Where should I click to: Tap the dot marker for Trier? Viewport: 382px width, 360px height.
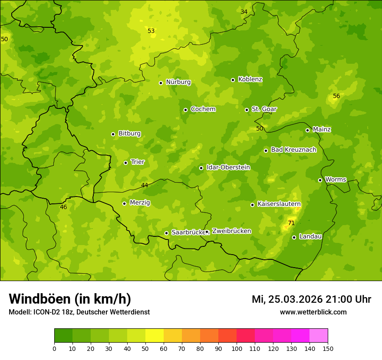tap(126, 163)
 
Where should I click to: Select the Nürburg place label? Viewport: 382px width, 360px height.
tap(178, 82)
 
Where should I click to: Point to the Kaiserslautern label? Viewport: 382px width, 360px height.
tap(279, 204)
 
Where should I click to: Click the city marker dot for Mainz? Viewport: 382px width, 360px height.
tap(307, 130)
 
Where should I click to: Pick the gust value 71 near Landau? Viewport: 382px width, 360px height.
tap(291, 223)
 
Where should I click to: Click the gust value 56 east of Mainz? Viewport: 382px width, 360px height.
tap(336, 96)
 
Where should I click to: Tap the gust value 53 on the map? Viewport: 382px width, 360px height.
tap(151, 31)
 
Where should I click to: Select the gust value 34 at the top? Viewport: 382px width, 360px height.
tap(244, 12)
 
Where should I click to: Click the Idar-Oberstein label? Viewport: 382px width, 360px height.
tap(228, 167)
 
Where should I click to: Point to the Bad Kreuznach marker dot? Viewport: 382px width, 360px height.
tap(266, 151)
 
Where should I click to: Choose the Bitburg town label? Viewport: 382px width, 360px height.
tap(129, 134)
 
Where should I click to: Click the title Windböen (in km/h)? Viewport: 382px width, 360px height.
tap(70, 299)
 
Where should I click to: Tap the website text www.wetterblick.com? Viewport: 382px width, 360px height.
tap(313, 312)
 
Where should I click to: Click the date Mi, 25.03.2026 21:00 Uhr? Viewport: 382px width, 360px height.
tap(311, 299)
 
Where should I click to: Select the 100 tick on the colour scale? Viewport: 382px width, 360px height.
tap(237, 348)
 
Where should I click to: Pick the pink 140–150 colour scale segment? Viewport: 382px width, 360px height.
tap(319, 336)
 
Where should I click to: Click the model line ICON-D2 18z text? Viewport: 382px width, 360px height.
tap(79, 312)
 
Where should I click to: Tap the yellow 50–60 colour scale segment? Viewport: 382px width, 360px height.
tap(155, 336)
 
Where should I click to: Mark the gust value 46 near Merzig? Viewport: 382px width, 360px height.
tap(63, 207)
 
